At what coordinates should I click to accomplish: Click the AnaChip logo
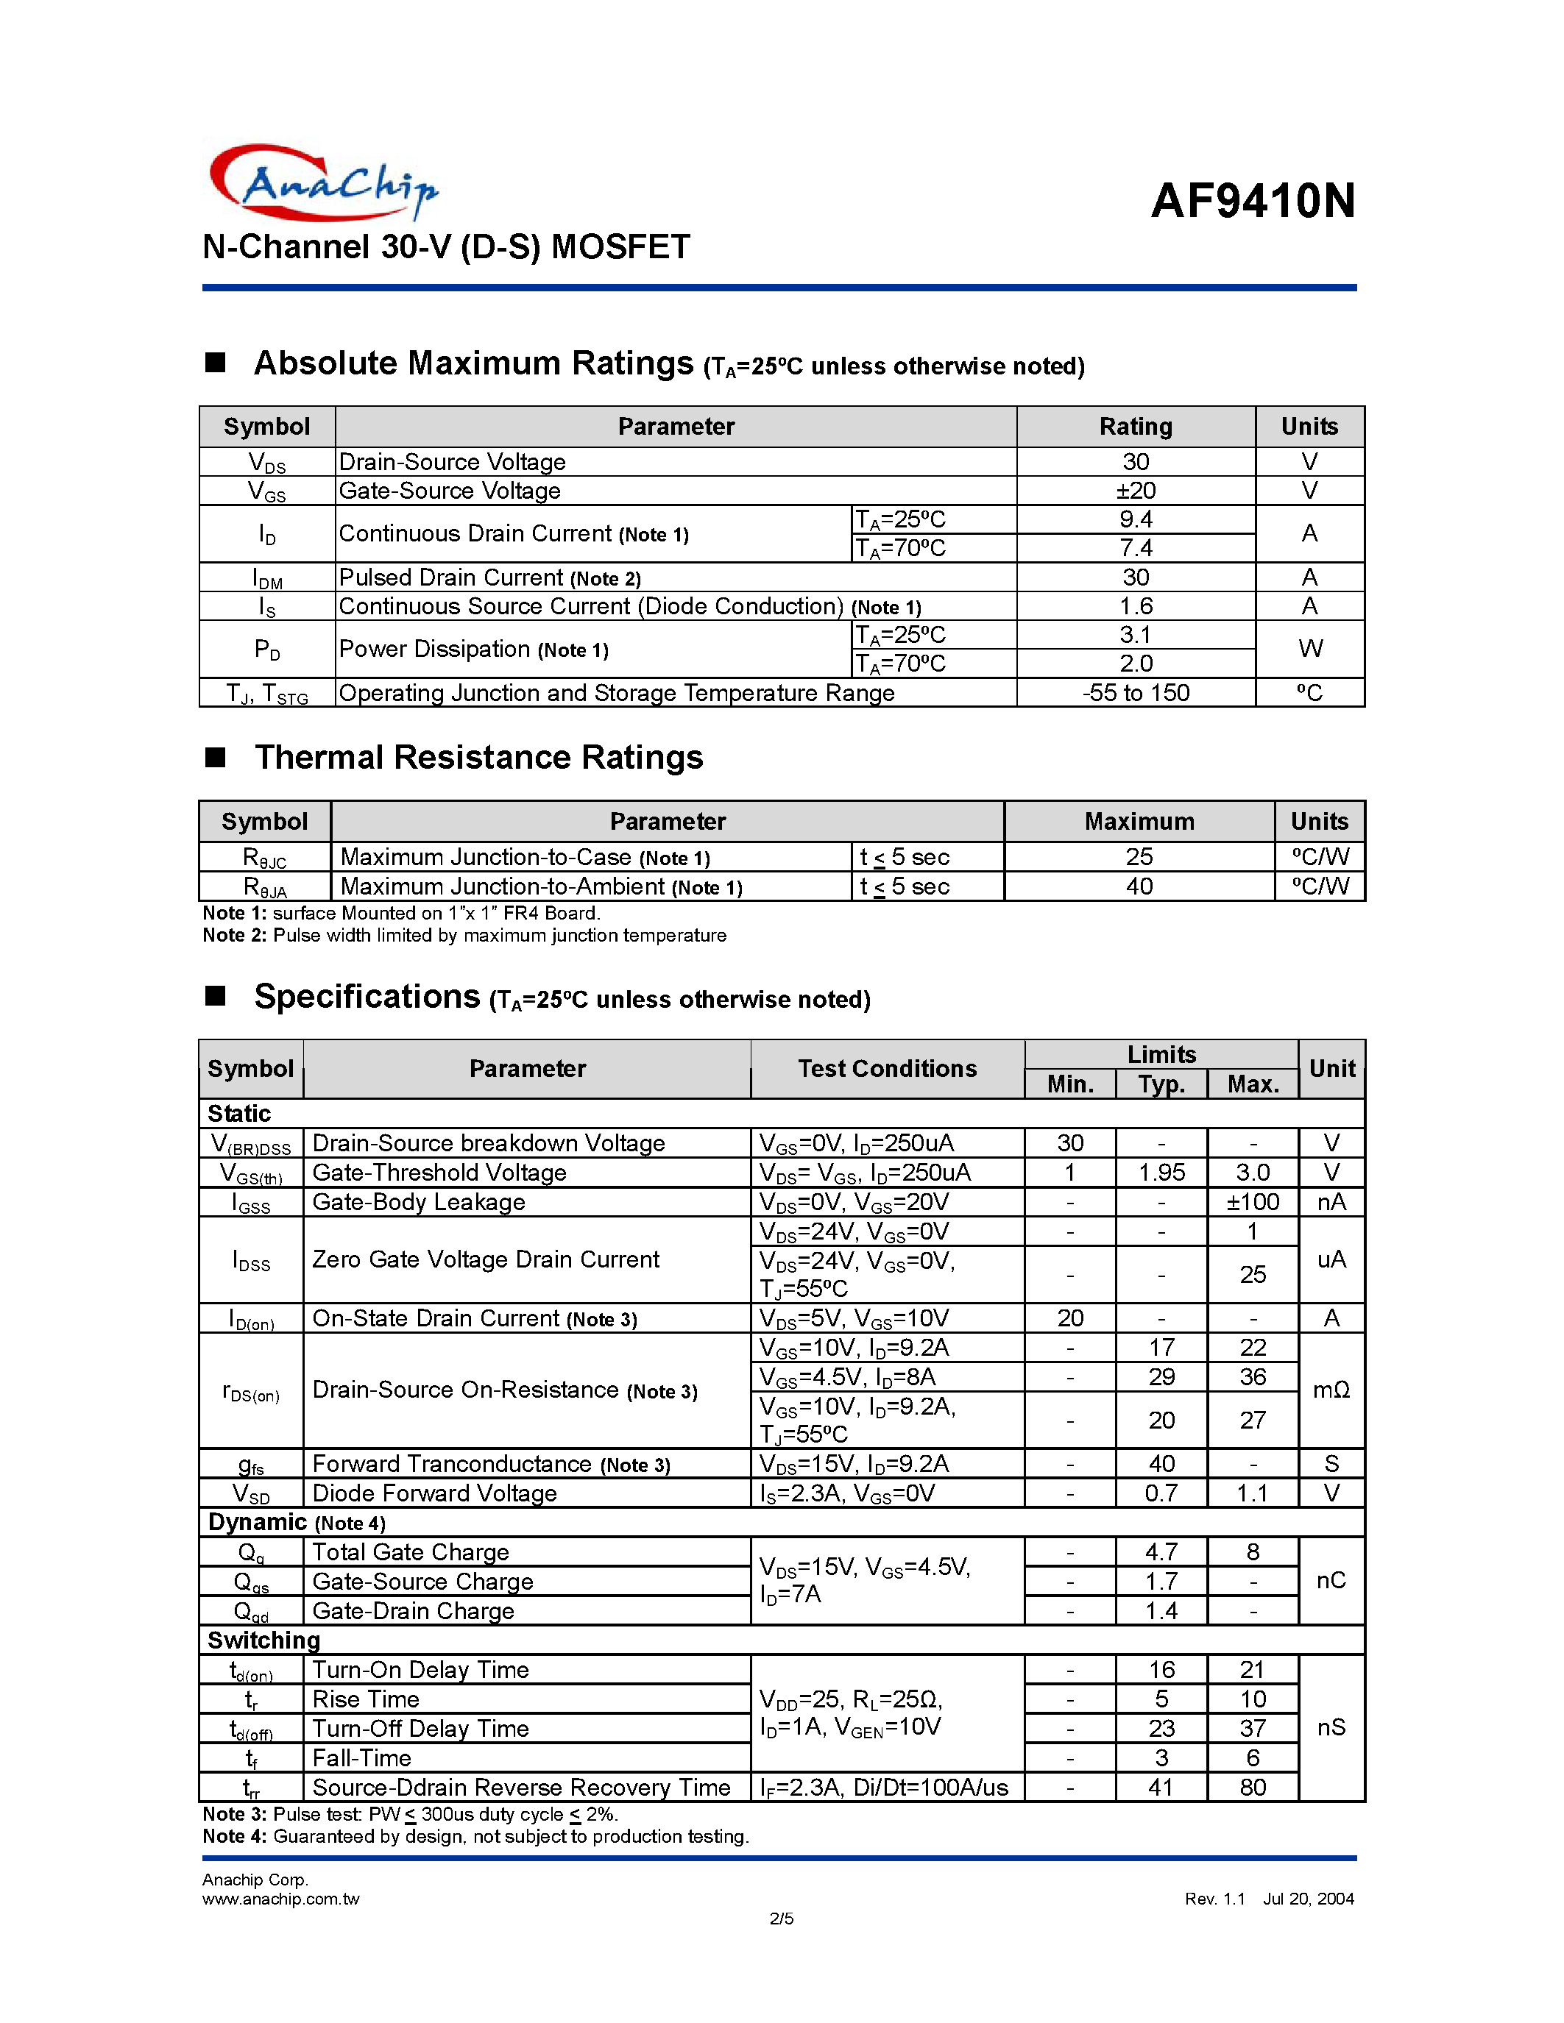point(322,183)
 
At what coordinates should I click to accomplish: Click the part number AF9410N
point(1253,201)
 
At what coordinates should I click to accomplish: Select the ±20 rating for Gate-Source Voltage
point(1135,490)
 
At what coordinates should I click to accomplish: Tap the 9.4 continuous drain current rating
point(1135,519)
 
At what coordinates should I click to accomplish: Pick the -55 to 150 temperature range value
point(1135,693)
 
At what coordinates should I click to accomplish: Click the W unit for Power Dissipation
point(1309,648)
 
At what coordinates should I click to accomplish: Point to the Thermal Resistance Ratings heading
point(478,757)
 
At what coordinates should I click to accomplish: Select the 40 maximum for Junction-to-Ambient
point(1139,886)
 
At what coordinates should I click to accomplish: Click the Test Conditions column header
point(887,1069)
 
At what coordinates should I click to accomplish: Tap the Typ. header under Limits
point(1161,1084)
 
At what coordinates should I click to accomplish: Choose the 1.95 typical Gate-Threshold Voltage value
point(1161,1173)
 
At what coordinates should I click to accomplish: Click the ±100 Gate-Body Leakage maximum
point(1253,1202)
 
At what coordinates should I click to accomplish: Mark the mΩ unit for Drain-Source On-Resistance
point(1331,1390)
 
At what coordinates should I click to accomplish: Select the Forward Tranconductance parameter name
point(452,1463)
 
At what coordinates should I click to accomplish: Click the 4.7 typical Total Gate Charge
point(1161,1551)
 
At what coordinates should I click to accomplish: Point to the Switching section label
point(264,1640)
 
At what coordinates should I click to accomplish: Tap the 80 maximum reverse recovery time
point(1253,1787)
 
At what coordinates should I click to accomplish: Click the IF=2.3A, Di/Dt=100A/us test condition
point(884,1787)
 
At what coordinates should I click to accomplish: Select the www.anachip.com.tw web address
point(280,1899)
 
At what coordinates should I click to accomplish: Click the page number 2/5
point(781,1919)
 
